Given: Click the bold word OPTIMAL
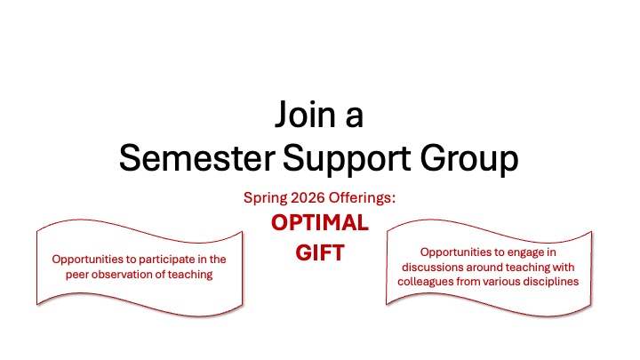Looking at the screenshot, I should [x=319, y=223].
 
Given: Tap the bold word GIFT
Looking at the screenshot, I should [x=319, y=252].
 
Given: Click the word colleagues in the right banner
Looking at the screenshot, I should [x=426, y=281].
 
